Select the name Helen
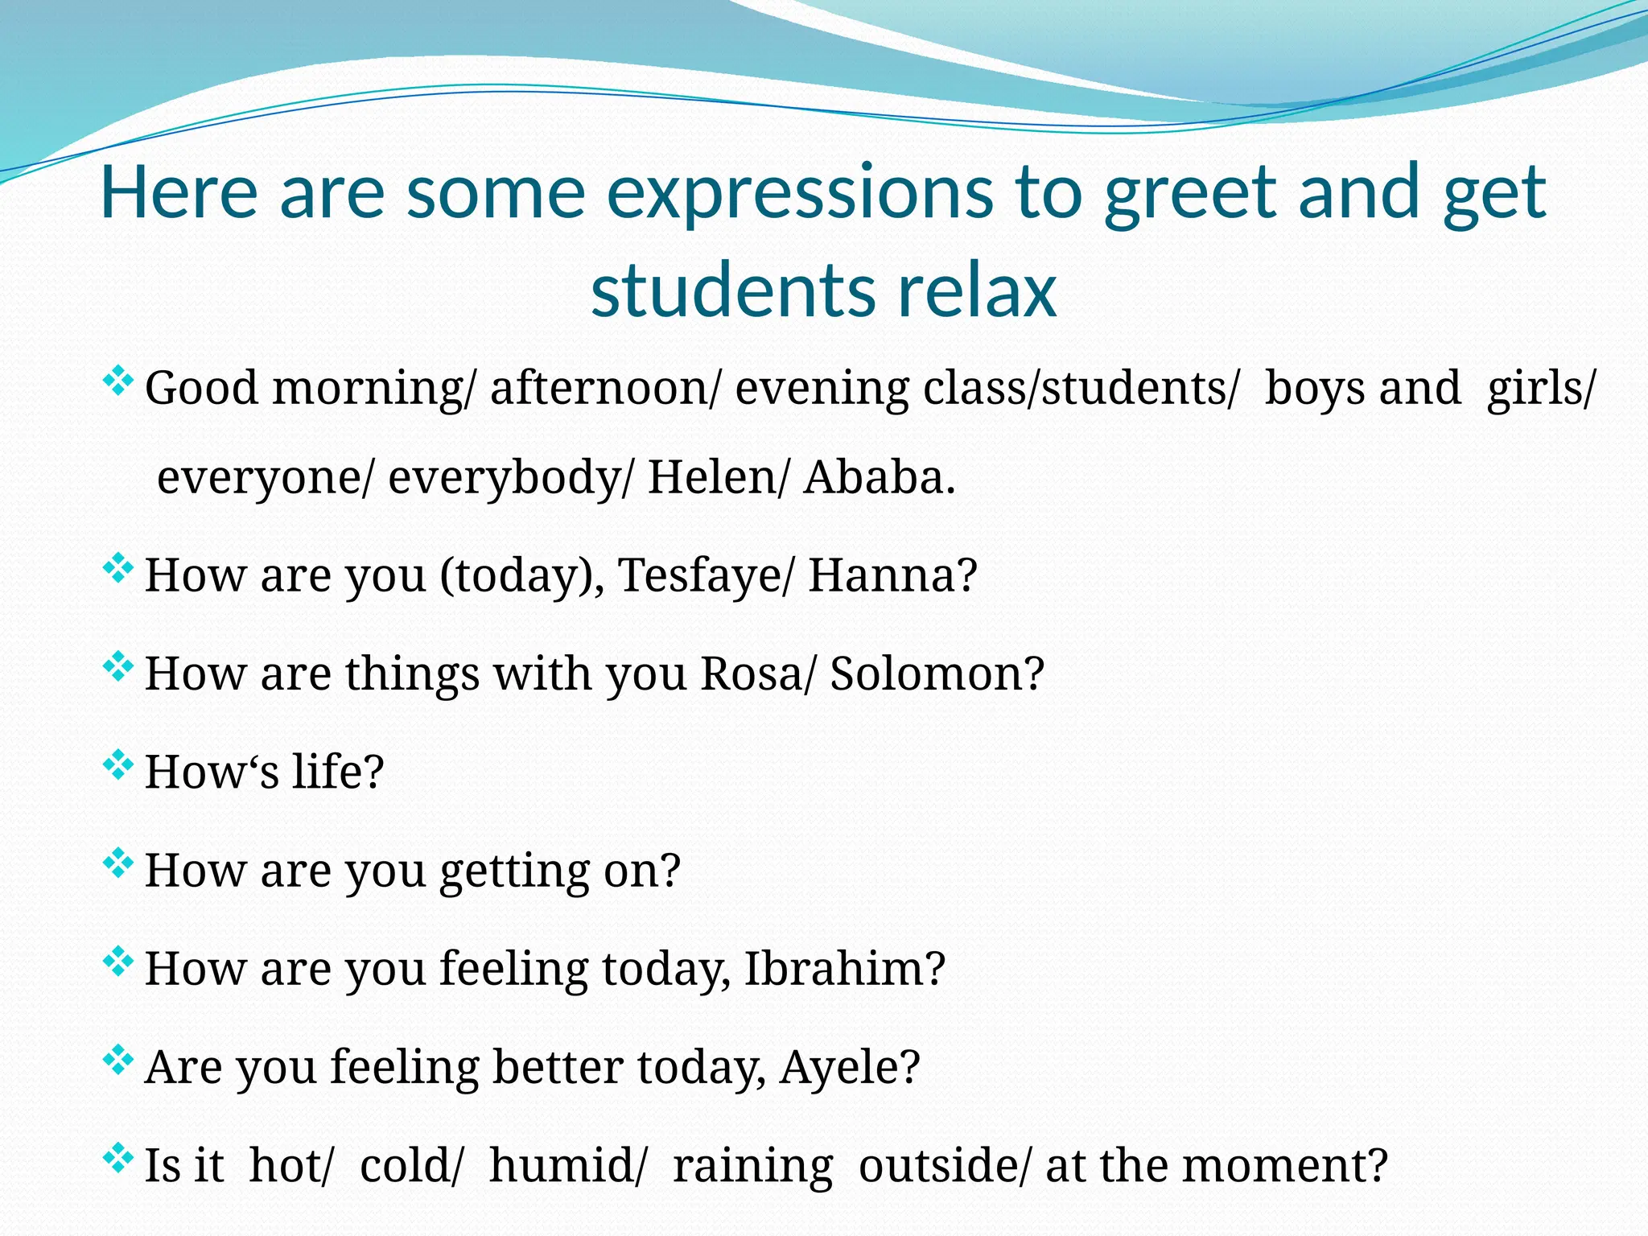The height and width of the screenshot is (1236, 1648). [x=712, y=477]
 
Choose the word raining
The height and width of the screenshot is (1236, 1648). [x=752, y=1166]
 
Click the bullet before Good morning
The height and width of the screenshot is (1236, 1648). [x=117, y=380]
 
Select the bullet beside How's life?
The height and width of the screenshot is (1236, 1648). [x=117, y=764]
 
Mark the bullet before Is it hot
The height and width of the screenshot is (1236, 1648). [x=117, y=1158]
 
